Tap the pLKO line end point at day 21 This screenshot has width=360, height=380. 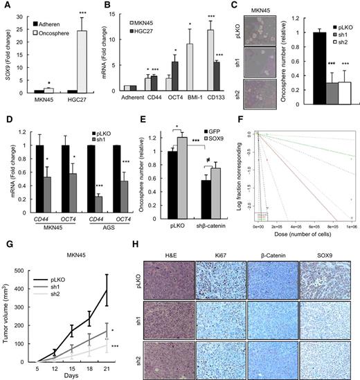click(x=106, y=271)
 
